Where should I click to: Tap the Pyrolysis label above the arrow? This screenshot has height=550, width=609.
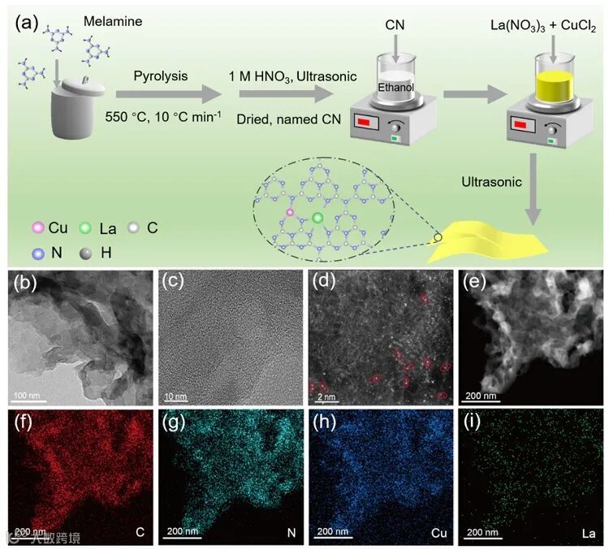(162, 76)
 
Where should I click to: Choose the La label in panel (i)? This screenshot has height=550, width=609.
(589, 533)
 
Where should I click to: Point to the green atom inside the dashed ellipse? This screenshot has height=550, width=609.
(317, 218)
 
